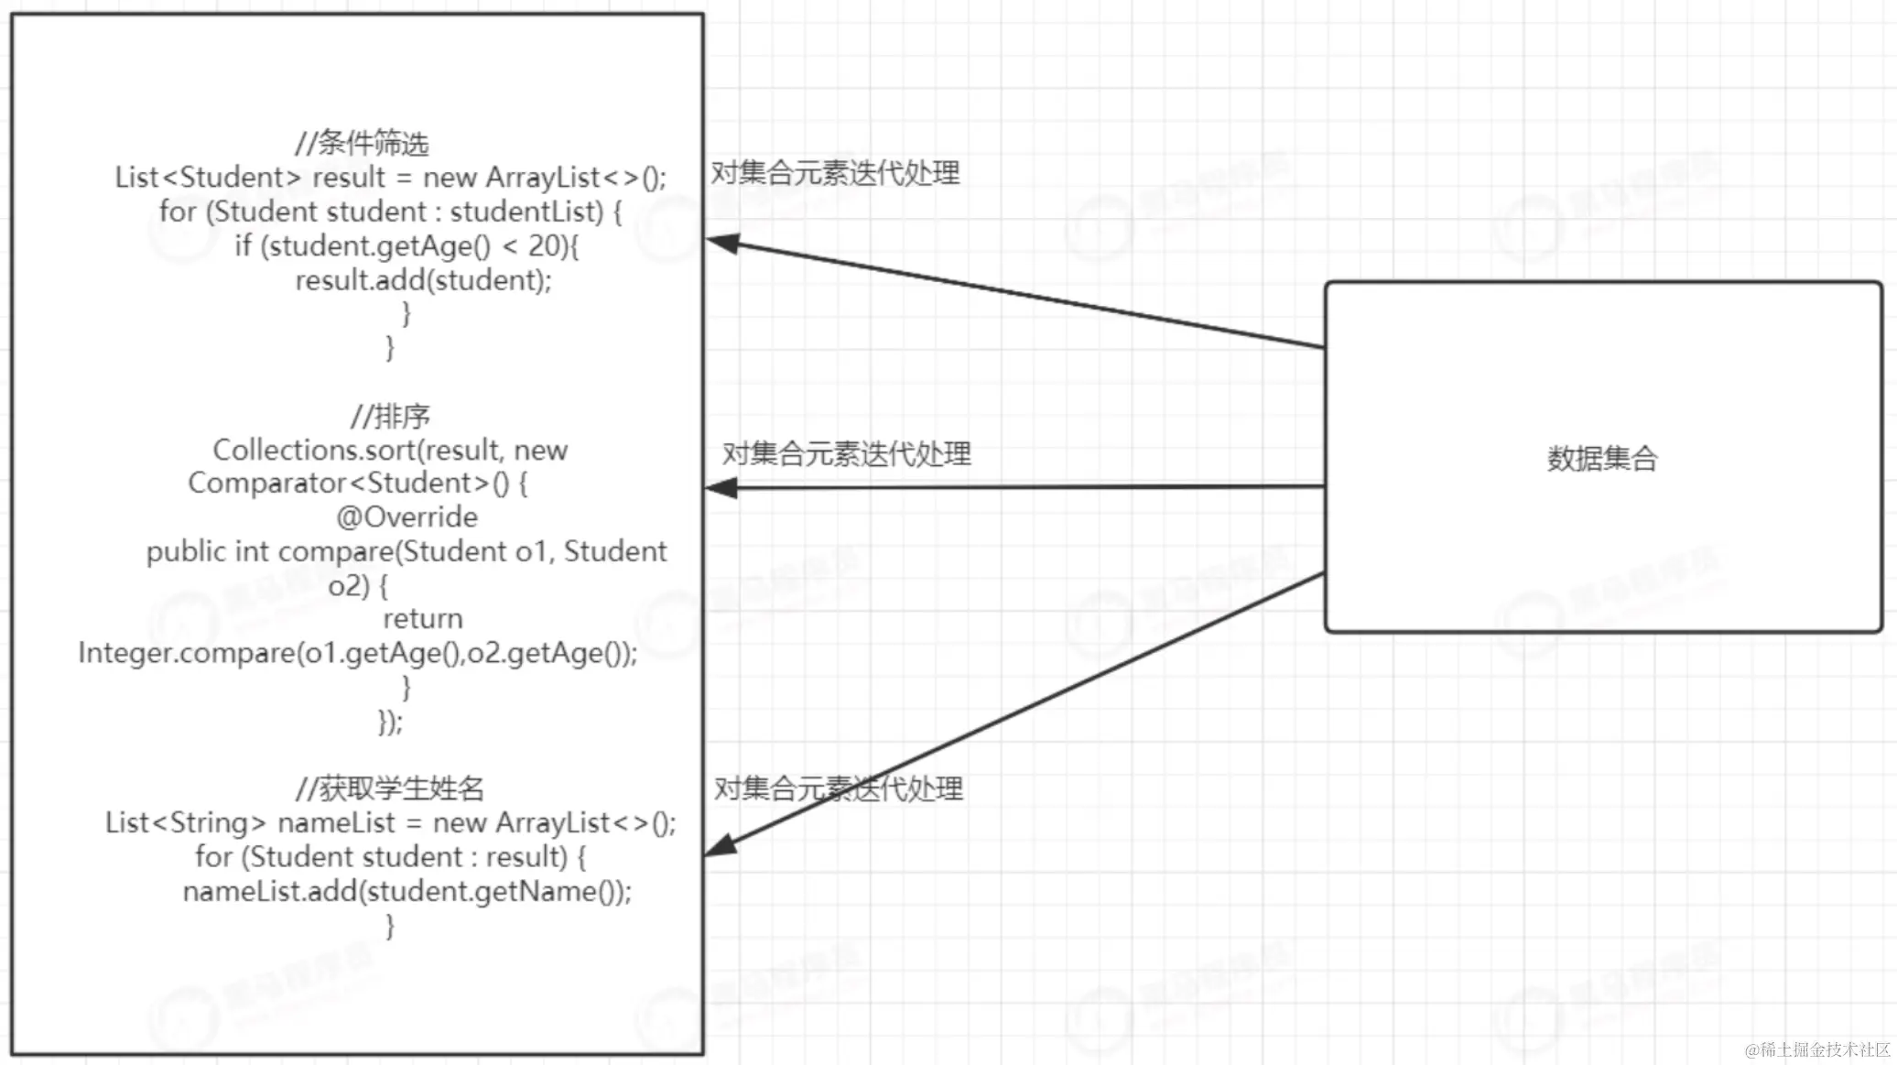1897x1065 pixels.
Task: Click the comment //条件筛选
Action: tap(362, 143)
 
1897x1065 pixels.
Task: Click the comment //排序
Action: tap(390, 417)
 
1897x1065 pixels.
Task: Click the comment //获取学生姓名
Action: tap(390, 788)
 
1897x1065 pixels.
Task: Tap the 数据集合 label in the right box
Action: tap(1602, 458)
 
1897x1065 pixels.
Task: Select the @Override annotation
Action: tap(406, 517)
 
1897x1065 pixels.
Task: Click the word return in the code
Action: tap(422, 619)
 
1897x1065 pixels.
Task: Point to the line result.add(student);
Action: tap(423, 280)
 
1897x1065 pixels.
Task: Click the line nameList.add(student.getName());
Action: tap(407, 891)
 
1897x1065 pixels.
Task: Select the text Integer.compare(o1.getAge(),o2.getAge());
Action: tap(358, 653)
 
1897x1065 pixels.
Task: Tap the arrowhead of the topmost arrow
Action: tap(722, 243)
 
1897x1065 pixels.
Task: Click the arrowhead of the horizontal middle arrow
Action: tap(722, 488)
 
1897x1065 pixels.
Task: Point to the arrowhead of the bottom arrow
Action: tap(721, 846)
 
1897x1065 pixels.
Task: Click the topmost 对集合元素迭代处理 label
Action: tap(835, 173)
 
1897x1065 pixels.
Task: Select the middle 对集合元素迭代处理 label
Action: tap(846, 453)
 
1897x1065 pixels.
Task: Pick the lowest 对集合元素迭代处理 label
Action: tap(838, 788)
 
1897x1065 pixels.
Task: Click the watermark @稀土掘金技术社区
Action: tap(1816, 1049)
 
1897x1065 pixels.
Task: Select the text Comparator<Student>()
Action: tap(348, 484)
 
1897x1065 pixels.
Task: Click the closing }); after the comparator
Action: tap(390, 723)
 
